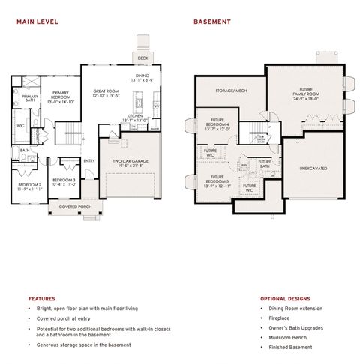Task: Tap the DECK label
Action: click(x=142, y=58)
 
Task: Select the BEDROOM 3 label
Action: click(x=64, y=181)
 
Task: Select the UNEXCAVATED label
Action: click(x=313, y=169)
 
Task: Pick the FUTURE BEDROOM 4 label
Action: click(x=218, y=124)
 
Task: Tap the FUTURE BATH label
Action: click(x=265, y=163)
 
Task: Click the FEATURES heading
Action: click(x=41, y=298)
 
